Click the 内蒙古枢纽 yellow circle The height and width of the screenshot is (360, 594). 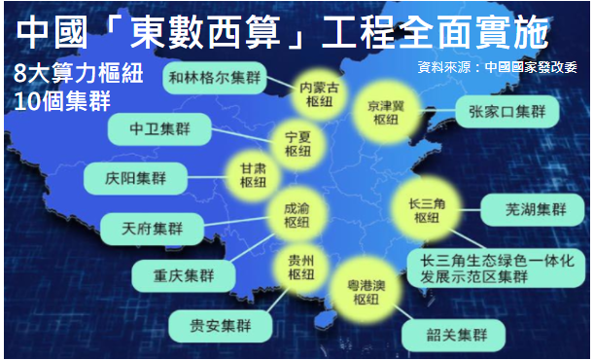[320, 94]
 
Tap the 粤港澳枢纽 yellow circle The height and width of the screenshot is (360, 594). [365, 291]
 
